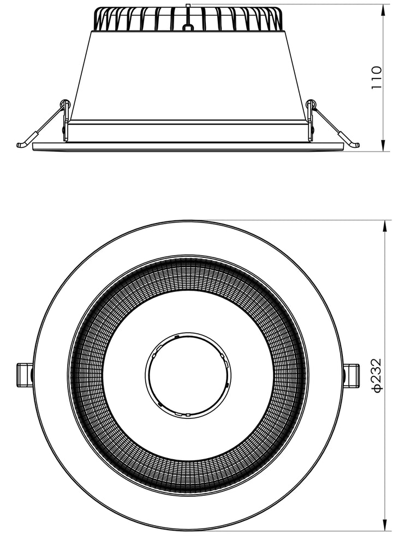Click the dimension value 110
click(x=376, y=78)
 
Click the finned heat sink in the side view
click(x=188, y=20)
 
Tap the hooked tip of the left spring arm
click(x=21, y=145)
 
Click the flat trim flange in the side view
click(x=188, y=147)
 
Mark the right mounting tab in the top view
click(x=352, y=375)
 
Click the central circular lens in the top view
click(x=188, y=375)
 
